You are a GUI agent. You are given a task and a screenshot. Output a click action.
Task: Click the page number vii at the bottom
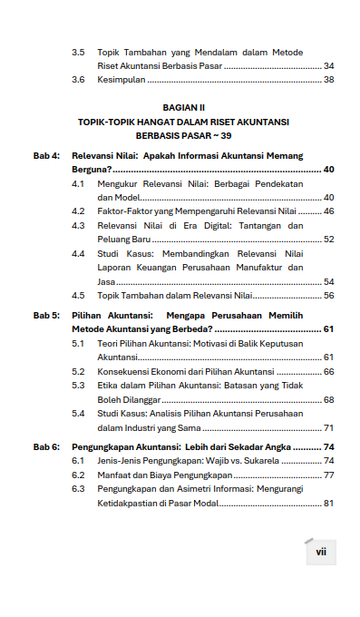coord(320,552)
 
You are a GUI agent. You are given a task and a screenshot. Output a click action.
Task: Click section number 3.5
coord(79,53)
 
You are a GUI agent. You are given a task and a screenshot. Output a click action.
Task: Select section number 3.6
coord(79,80)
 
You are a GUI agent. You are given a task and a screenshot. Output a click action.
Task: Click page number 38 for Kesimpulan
coord(328,80)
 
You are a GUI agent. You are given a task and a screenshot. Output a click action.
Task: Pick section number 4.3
coord(79,225)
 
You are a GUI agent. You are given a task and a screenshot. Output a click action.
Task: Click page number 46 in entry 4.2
coord(328,211)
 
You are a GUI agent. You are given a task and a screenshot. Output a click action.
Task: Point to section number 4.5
coord(79,295)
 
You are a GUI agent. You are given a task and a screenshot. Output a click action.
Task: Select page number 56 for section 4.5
coord(328,295)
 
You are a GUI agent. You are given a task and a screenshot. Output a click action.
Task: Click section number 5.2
coord(79,371)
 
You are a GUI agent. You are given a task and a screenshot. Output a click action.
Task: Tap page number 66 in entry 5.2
coord(328,371)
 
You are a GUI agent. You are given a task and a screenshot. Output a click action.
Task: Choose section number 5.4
coord(79,413)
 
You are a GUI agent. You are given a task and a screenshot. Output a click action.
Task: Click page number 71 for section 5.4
coord(328,427)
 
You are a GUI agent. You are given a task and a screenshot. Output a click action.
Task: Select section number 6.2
coord(79,475)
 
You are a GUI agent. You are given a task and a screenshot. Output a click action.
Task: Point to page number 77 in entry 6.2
coord(328,475)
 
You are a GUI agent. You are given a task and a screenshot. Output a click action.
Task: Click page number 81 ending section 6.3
coord(328,503)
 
